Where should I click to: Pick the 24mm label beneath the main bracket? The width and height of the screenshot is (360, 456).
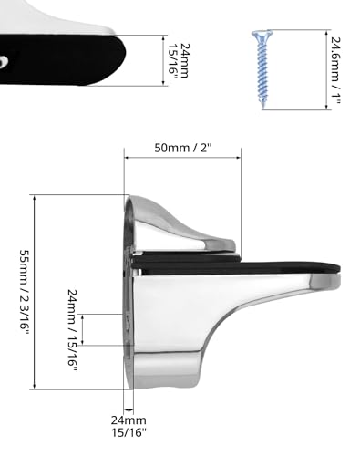(x=129, y=421)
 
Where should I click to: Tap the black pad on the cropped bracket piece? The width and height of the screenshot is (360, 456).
(x=55, y=59)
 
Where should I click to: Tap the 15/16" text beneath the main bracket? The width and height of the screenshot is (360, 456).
(x=129, y=435)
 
